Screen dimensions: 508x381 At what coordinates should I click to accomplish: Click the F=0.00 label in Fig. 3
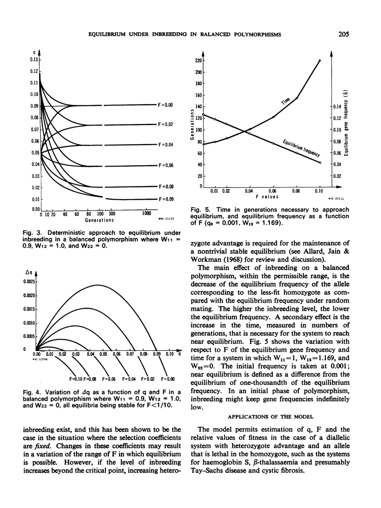coord(166,105)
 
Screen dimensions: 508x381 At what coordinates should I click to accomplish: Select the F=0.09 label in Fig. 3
coord(166,199)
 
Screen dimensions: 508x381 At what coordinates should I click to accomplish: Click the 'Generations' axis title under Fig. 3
coord(99,220)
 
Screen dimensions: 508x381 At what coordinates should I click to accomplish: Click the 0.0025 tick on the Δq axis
coord(29,282)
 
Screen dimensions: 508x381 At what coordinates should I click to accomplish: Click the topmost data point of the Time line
coord(320,60)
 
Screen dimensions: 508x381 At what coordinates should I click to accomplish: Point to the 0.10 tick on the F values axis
coord(319,191)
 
